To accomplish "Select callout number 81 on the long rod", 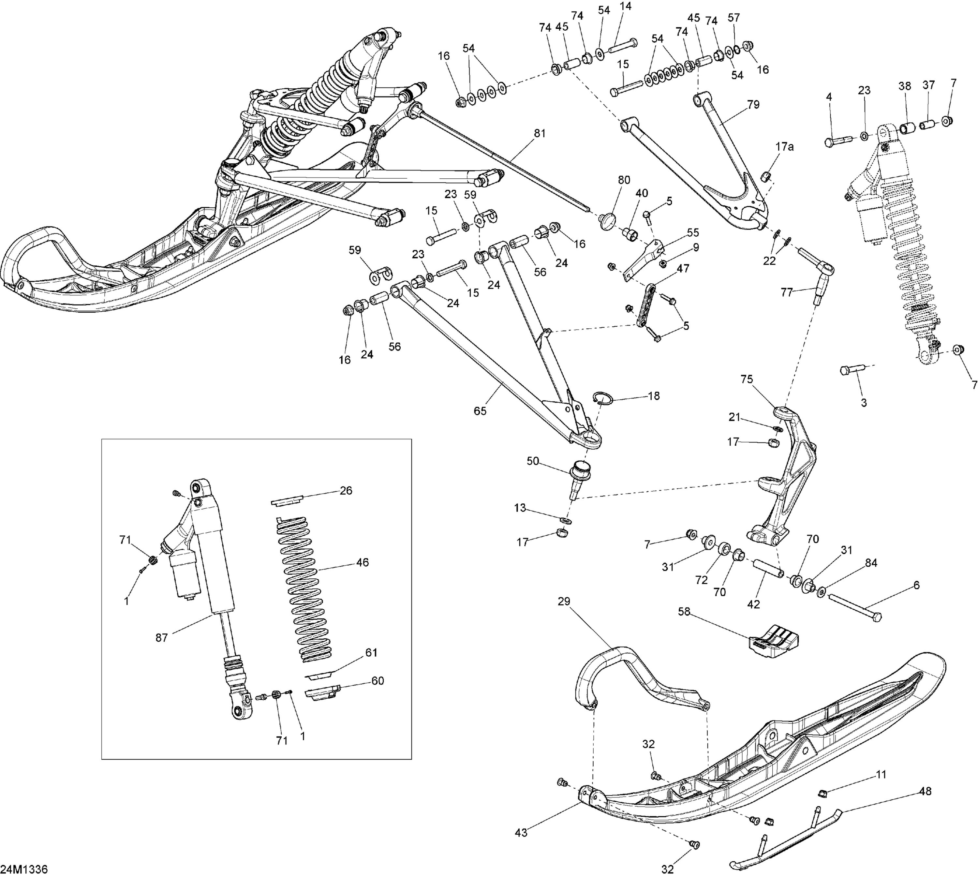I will click(540, 133).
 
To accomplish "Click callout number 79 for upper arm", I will click(753, 105).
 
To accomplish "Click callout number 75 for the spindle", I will click(746, 379).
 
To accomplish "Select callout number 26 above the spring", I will click(346, 491).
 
